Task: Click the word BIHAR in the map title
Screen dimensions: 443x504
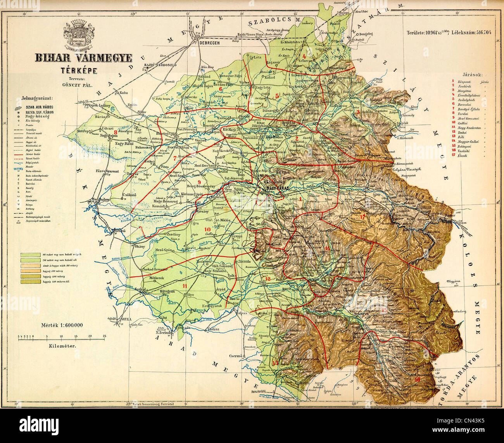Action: tap(53, 58)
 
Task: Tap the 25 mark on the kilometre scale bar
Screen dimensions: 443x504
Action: tap(104, 336)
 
